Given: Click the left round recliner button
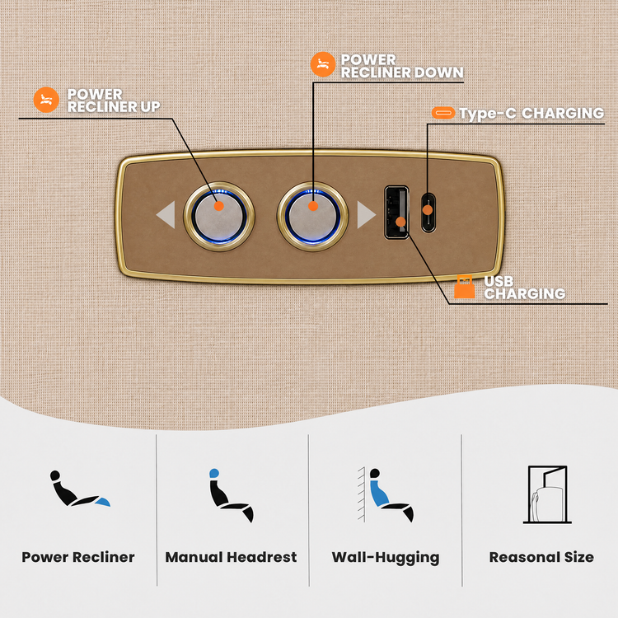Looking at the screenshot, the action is point(218,216).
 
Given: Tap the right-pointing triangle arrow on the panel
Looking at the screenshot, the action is point(365,215).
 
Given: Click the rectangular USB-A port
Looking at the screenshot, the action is point(396,212).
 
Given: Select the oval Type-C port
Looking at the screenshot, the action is point(428,212).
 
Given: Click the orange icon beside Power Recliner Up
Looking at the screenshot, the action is point(46,100).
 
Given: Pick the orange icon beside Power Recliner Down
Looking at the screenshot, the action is point(323,64).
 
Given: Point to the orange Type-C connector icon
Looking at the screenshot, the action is point(443,113).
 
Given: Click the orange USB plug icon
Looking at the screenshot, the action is point(464,287).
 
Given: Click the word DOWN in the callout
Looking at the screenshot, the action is point(438,73).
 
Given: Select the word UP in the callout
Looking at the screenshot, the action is point(150,107).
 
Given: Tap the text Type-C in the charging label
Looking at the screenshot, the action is point(488,114).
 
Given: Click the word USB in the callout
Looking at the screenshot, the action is point(499,282).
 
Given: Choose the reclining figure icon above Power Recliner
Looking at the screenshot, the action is point(80,489).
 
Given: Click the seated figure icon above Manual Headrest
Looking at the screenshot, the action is point(232,495).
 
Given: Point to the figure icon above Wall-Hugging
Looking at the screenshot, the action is point(386,495).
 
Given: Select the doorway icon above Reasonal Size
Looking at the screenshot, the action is point(547,494).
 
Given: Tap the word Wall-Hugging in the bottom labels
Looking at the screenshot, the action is point(386,558).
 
